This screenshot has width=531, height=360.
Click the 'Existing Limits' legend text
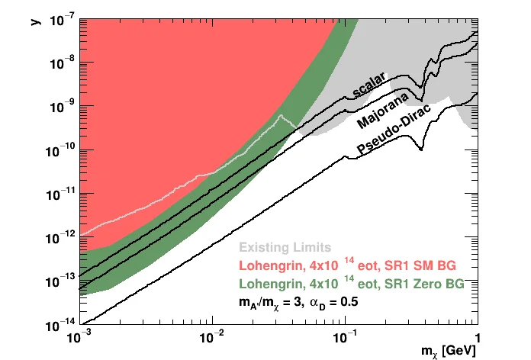285,248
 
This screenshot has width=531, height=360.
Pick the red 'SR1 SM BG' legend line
347,266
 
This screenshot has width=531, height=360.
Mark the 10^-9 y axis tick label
61,107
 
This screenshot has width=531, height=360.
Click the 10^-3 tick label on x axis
79,338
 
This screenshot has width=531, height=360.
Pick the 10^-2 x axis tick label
211,338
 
